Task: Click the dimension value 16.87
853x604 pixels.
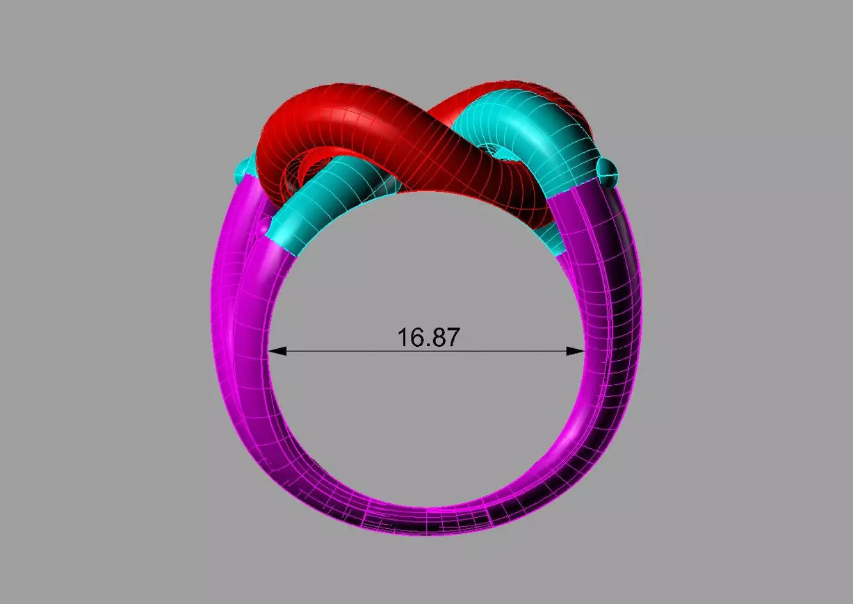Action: click(428, 338)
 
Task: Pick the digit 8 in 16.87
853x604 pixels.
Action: click(438, 338)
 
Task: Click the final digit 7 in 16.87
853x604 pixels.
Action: click(452, 338)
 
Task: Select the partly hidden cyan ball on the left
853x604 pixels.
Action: click(243, 169)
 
